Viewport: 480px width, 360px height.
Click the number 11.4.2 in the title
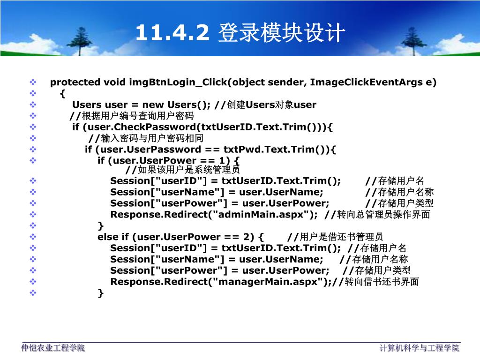click(172, 32)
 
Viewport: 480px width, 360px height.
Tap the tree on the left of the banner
click(80, 41)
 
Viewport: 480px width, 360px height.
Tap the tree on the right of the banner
click(413, 41)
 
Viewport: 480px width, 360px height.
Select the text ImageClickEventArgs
click(366, 82)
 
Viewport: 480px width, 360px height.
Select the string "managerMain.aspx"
click(268, 282)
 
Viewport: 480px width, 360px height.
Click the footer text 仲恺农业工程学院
click(53, 348)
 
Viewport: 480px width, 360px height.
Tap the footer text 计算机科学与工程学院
click(420, 348)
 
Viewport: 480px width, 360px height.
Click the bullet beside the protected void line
click(33, 82)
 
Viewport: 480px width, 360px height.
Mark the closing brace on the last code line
click(101, 293)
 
